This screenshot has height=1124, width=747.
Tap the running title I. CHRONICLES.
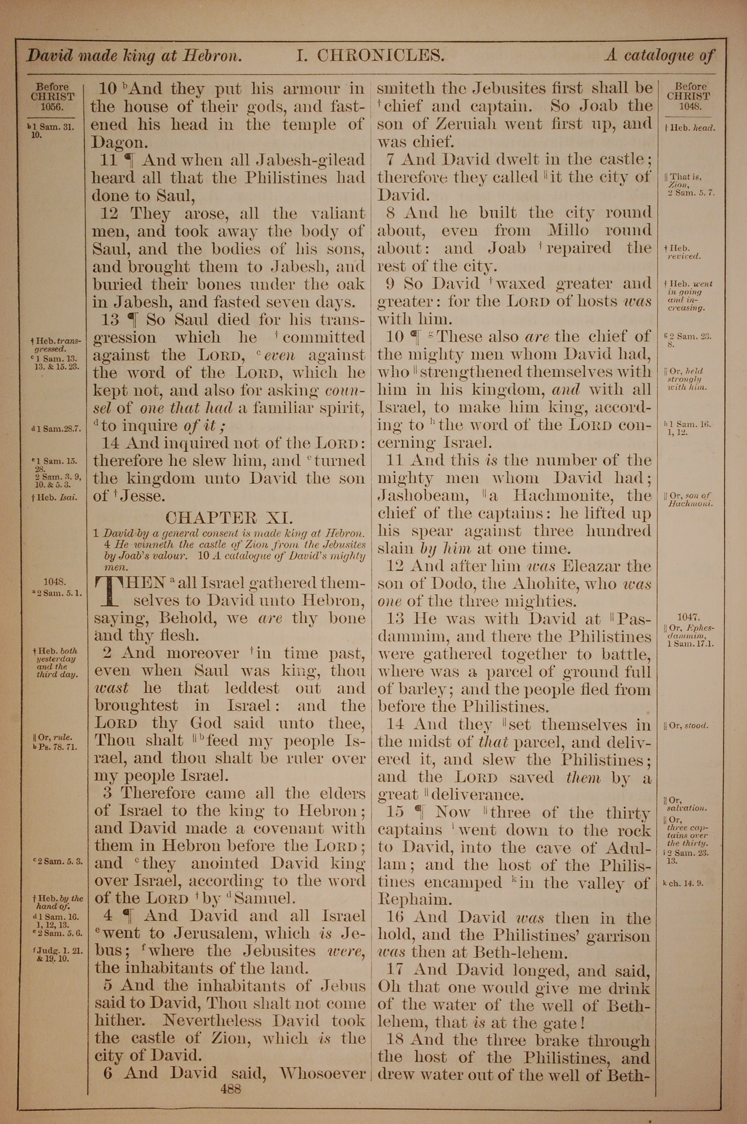(x=371, y=56)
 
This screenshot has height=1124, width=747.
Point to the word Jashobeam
(x=421, y=495)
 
